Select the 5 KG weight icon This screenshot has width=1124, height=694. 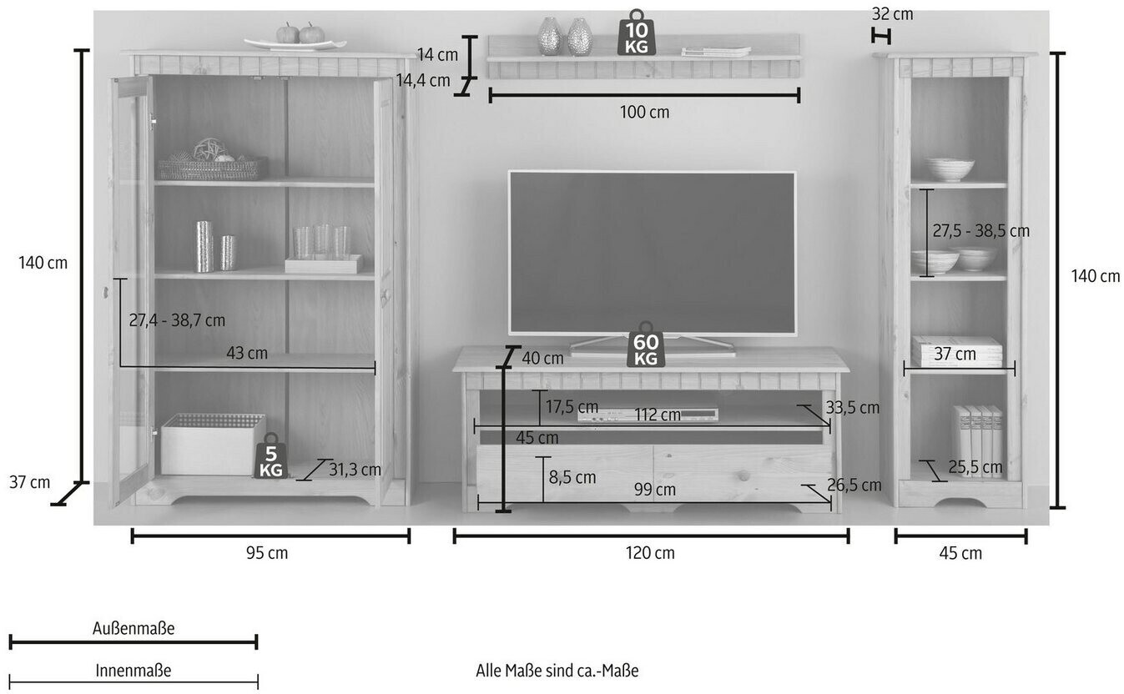[x=270, y=456]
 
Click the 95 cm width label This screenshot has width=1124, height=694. [x=267, y=553]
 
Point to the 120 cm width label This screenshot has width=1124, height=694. [x=652, y=553]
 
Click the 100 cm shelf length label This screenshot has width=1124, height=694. [x=645, y=112]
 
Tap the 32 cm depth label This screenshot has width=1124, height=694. [x=892, y=14]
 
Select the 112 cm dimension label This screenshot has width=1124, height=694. [x=658, y=415]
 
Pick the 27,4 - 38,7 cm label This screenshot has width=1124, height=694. [x=177, y=320]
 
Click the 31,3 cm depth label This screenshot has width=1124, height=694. [x=355, y=470]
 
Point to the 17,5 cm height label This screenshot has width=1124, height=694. [x=572, y=407]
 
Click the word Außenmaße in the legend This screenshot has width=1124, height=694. [x=134, y=629]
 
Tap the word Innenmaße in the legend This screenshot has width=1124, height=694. [x=134, y=671]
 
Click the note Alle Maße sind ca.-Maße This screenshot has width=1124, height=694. [x=557, y=671]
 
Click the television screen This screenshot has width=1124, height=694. [x=652, y=253]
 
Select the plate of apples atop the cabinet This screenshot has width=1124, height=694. [x=295, y=38]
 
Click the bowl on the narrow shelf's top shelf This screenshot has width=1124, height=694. [x=948, y=169]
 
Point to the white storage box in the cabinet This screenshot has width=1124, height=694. [x=212, y=444]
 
